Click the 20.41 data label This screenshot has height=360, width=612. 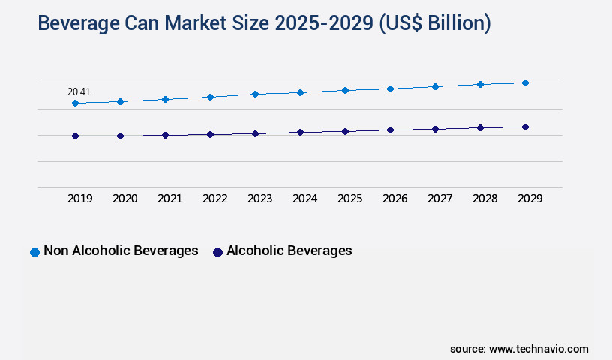(x=79, y=92)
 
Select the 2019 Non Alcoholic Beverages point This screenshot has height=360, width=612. (x=75, y=103)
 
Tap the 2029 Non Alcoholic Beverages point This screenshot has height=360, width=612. (x=525, y=82)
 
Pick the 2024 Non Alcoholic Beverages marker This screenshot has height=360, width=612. (x=300, y=92)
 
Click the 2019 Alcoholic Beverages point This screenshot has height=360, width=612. (x=75, y=136)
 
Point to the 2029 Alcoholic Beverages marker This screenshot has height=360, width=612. (x=525, y=127)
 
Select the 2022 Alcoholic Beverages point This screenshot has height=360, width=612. (x=210, y=134)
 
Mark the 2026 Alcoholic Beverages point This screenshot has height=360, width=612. (x=390, y=130)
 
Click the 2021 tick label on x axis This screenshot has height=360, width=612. (x=169, y=199)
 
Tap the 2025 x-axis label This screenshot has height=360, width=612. (x=349, y=199)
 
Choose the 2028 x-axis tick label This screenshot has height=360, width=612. (x=484, y=199)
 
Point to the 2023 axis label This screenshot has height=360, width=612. (x=259, y=199)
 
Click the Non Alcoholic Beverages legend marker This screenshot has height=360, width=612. (x=34, y=252)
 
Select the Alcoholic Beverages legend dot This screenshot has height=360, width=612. (x=217, y=252)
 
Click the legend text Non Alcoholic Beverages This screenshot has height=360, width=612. (x=121, y=250)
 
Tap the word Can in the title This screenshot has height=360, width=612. (x=143, y=24)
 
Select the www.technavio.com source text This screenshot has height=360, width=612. (x=538, y=349)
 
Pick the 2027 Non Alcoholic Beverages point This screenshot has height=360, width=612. (x=435, y=86)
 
